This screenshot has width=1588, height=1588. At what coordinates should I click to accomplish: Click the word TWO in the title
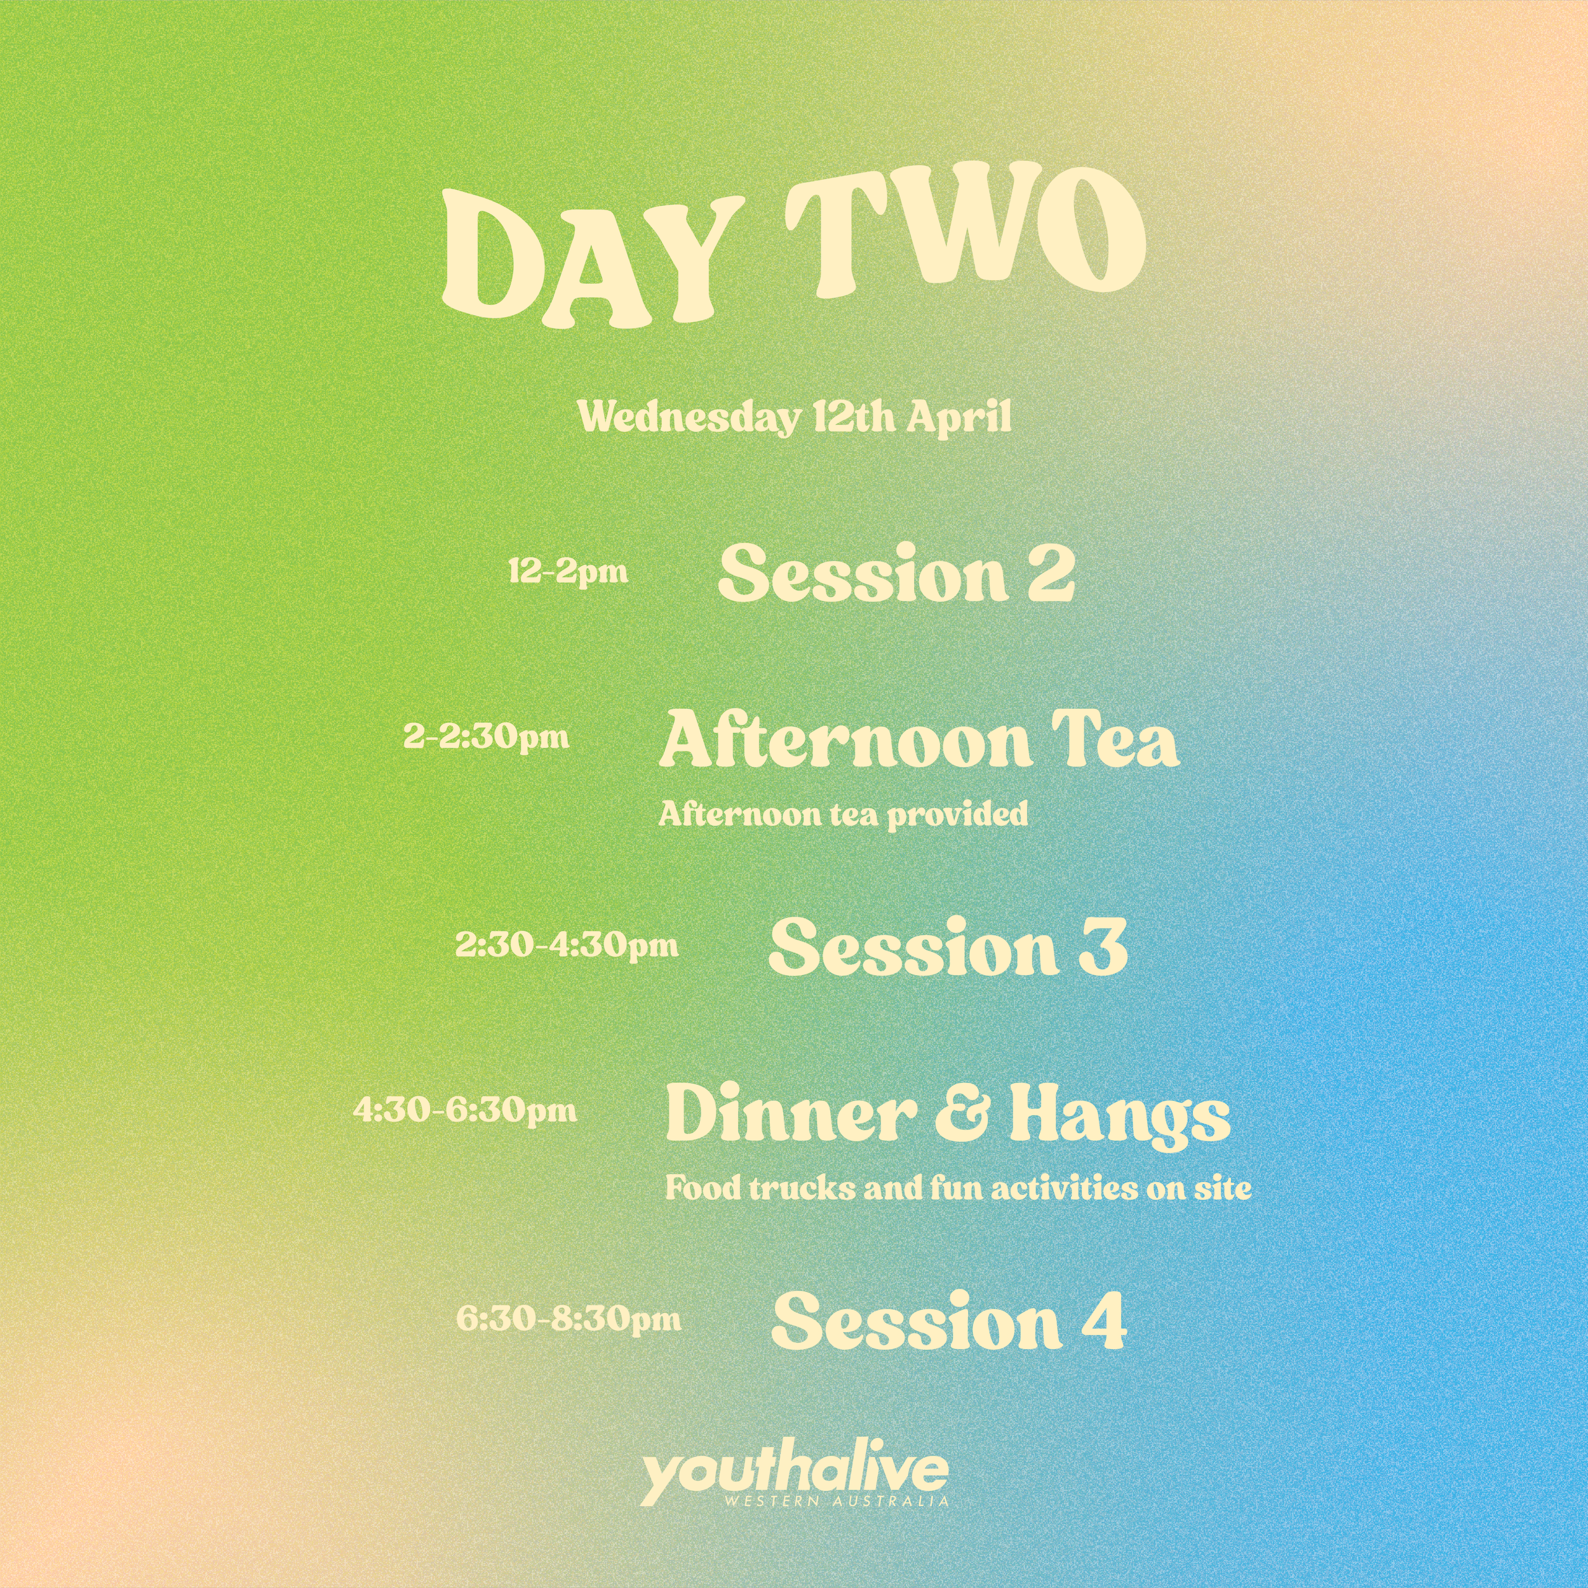(965, 238)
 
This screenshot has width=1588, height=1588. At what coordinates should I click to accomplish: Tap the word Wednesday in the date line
(688, 417)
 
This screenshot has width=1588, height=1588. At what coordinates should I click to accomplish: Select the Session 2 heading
(896, 573)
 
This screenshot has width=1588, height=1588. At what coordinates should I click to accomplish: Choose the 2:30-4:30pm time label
(567, 945)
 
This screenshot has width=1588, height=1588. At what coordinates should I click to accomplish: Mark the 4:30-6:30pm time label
(465, 1110)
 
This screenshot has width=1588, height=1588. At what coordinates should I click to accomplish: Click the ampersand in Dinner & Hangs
(962, 1114)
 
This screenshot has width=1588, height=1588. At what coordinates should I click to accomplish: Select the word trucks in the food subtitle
(802, 1188)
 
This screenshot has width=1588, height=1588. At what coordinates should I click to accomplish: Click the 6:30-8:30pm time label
(569, 1319)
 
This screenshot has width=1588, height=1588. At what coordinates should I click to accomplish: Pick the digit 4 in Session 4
(1102, 1320)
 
